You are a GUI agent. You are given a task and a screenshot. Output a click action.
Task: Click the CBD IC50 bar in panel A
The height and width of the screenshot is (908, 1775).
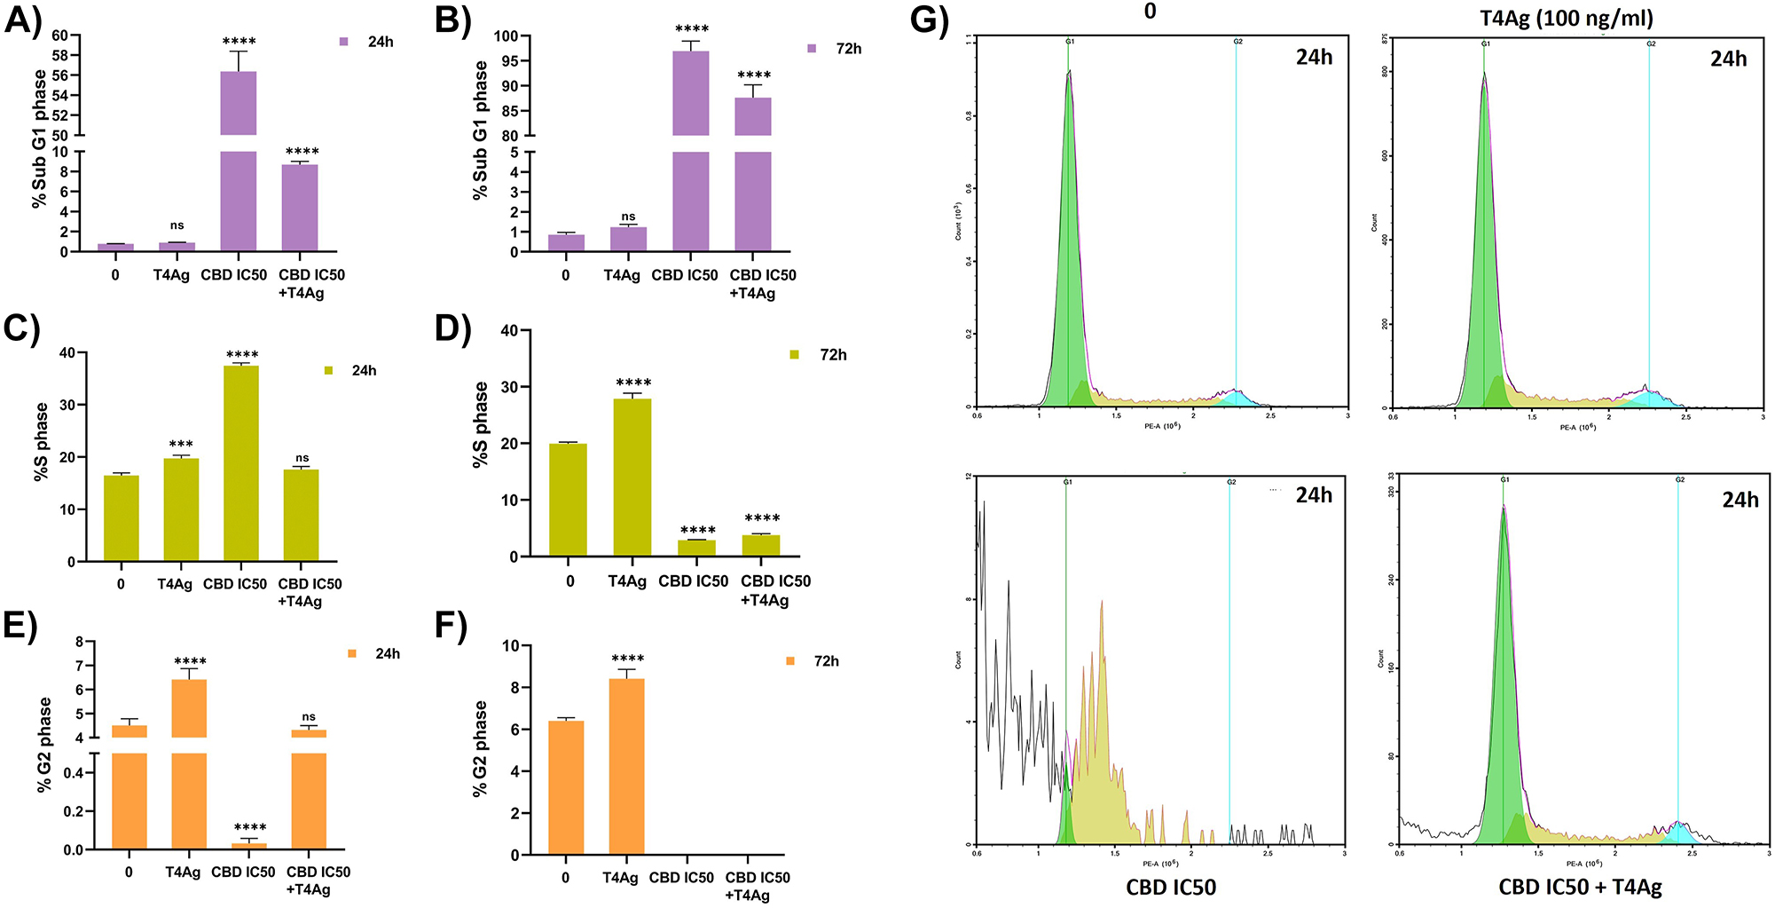239,178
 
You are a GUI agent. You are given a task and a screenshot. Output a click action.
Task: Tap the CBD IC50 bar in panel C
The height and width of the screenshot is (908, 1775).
241,462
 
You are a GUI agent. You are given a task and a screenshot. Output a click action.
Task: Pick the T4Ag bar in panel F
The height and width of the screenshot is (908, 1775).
626,768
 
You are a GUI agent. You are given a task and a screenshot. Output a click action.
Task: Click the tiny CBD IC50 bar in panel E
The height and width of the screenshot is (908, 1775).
250,846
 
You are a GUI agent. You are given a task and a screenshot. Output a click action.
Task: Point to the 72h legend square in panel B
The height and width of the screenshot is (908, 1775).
812,49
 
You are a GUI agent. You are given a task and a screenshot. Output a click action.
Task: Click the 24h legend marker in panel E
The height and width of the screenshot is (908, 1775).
352,654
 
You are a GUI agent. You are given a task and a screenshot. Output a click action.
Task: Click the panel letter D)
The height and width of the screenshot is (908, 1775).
452,328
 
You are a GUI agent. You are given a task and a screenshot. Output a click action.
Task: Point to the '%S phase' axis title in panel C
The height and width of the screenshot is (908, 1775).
42,442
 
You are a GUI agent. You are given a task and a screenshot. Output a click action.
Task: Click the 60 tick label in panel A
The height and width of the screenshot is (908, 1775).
60,36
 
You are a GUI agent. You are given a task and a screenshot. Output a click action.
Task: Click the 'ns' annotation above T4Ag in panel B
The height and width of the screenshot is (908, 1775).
628,217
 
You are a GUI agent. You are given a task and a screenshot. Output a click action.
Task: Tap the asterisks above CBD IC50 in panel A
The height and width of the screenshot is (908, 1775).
239,42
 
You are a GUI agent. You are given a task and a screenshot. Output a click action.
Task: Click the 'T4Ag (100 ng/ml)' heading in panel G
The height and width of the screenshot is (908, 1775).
1567,18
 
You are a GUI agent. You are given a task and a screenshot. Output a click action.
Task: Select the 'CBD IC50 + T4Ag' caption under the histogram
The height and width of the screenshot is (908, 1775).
1580,887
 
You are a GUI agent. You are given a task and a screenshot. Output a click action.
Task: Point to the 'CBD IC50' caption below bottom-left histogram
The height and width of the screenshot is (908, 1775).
1171,887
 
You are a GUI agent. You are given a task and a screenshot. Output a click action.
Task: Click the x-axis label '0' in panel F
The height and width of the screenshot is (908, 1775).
566,878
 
